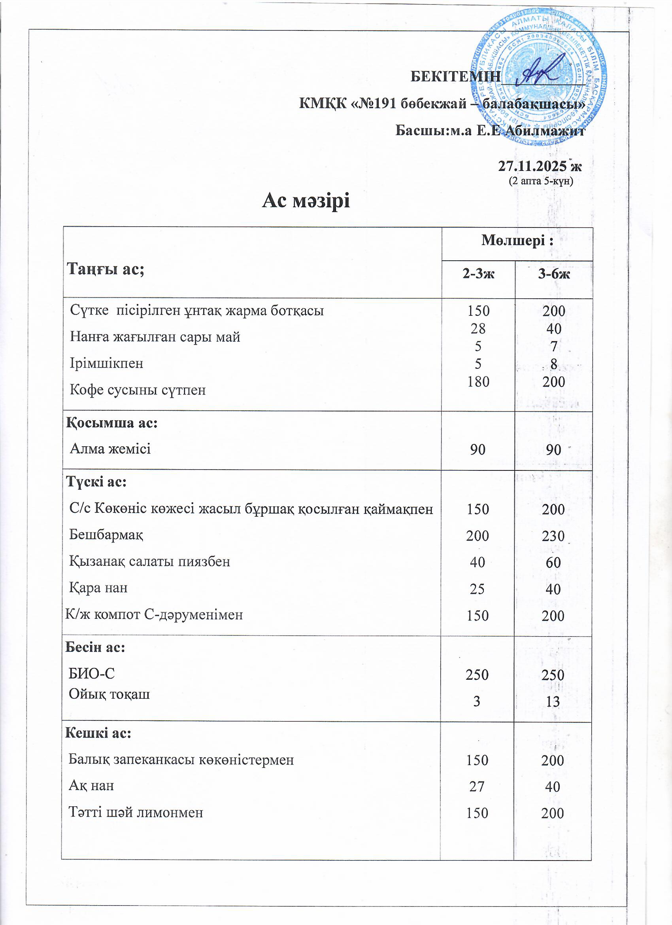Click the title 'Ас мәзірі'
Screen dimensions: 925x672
coord(306,201)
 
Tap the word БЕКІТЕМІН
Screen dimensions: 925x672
coord(455,76)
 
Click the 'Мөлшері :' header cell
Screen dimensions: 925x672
coord(517,240)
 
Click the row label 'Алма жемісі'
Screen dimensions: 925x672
coord(110,449)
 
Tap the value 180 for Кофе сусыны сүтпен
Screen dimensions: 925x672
coord(478,382)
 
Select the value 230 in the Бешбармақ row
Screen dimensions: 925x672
coord(553,536)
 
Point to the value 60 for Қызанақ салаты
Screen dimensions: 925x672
coord(553,563)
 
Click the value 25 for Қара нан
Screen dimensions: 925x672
coord(477,589)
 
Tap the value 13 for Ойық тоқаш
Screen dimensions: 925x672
coord(553,701)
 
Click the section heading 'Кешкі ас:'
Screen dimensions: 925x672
coord(98,733)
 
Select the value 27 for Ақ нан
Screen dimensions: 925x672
coord(477,787)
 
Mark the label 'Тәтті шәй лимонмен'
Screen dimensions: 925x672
coord(136,812)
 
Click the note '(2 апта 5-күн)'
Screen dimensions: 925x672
coord(540,181)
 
